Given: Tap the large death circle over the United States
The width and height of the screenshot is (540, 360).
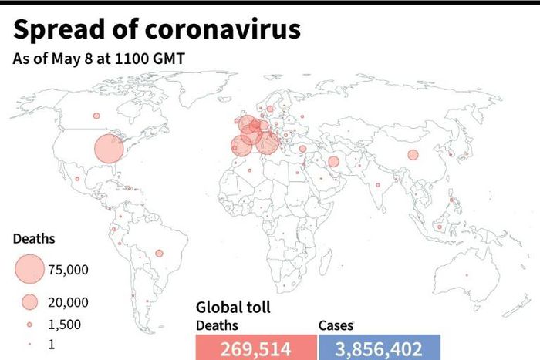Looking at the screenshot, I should tap(109, 149).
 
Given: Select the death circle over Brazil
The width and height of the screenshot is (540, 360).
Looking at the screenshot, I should tap(160, 253).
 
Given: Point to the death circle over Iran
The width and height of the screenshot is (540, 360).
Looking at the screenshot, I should tap(333, 162).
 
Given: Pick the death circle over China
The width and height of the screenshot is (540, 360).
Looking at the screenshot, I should tap(413, 155).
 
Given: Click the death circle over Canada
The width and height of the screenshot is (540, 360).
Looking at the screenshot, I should tap(96, 116).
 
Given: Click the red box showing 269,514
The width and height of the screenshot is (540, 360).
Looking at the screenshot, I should tap(255, 348).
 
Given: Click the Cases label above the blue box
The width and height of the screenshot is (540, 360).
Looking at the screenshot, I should tap(336, 325).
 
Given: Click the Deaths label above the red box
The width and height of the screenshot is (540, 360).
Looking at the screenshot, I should tap(217, 325).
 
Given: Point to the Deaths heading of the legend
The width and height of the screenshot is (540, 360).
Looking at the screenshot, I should tap(34, 239).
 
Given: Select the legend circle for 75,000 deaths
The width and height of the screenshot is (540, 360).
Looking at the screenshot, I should tap(29, 269).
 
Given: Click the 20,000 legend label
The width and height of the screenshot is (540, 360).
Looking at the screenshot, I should tap(68, 301).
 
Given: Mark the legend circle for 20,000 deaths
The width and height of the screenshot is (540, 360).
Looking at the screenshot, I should tap(29, 301).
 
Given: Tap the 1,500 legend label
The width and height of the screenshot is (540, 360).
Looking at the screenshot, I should tap(64, 325).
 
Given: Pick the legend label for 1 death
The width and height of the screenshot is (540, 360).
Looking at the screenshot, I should tap(52, 345).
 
